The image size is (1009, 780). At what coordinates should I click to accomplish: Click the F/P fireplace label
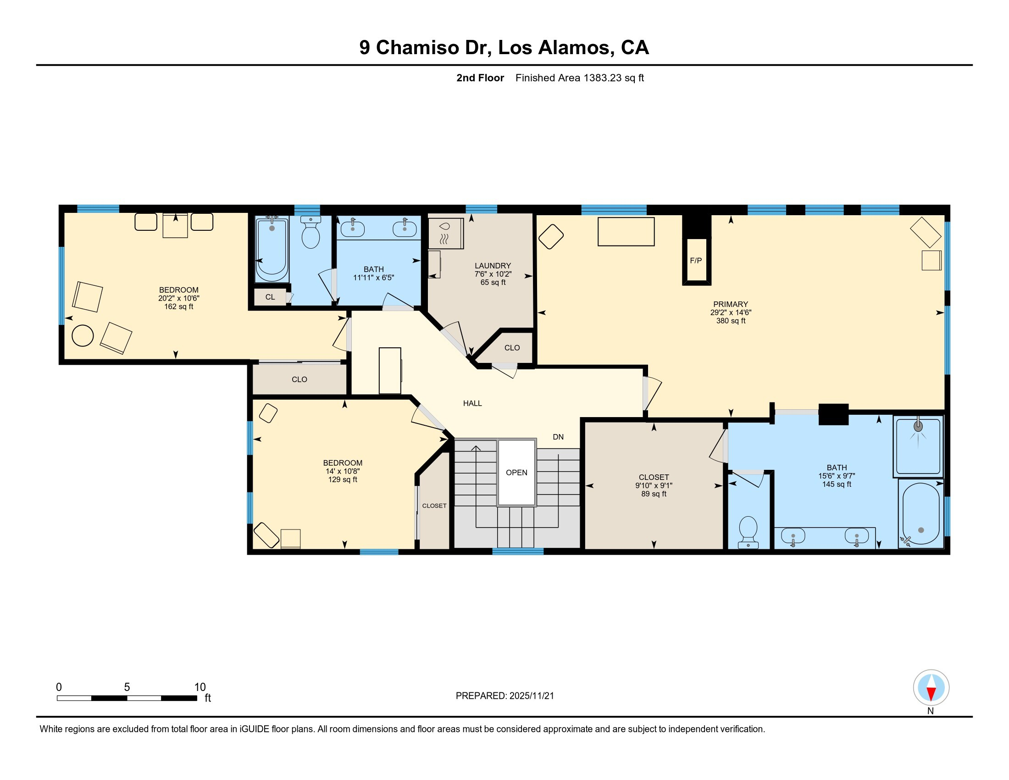(x=696, y=261)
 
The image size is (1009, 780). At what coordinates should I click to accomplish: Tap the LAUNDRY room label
(x=493, y=266)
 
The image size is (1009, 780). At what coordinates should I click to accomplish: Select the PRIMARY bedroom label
(x=731, y=304)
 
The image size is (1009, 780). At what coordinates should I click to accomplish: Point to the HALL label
(x=472, y=403)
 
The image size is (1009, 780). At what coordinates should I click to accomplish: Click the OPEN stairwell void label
(x=516, y=473)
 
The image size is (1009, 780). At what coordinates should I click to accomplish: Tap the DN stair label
(x=558, y=437)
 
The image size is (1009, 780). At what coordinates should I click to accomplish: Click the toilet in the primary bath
(x=748, y=532)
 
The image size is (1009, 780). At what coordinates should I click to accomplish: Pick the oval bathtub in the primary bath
(x=921, y=513)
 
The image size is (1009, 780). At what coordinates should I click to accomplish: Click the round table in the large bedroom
(x=83, y=335)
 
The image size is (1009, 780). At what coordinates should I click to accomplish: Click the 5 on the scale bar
(x=127, y=687)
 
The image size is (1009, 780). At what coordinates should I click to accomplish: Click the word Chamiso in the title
(x=418, y=48)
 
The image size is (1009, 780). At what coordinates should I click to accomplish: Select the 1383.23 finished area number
(x=603, y=78)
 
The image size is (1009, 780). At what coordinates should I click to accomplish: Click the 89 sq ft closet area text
(x=654, y=494)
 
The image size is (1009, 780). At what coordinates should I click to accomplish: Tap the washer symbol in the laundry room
(x=445, y=234)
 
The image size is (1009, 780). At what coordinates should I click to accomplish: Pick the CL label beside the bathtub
(x=270, y=297)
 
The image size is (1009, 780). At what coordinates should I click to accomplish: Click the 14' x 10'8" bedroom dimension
(x=343, y=471)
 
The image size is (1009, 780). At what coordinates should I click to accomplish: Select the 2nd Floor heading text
(x=480, y=78)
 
